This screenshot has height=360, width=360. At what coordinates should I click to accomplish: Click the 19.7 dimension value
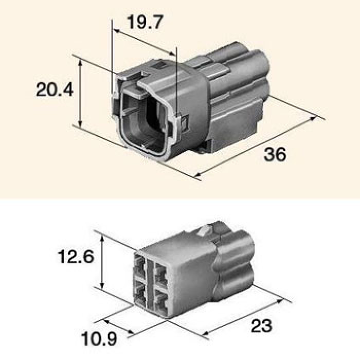(145, 22)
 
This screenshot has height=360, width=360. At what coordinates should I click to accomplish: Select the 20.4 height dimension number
(55, 89)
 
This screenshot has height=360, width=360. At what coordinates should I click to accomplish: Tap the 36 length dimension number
(275, 154)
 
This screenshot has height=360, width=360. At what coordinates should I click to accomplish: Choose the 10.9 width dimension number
(99, 338)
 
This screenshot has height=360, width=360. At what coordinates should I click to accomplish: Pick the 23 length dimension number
(261, 326)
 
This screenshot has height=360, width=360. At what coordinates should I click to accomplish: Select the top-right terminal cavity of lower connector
(161, 273)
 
